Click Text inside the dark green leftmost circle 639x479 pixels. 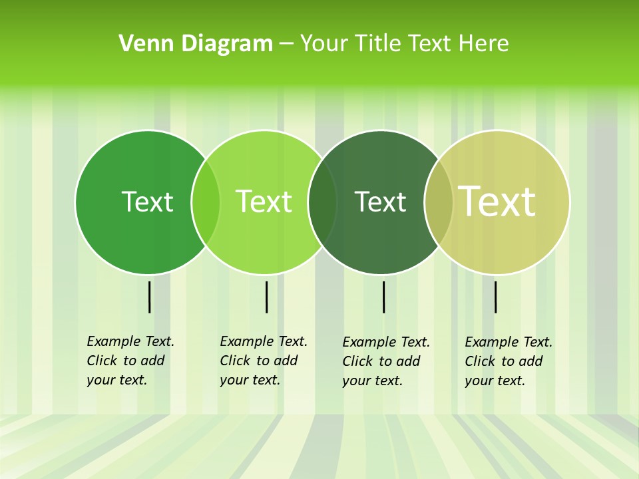click(147, 202)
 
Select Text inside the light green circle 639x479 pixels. click(264, 202)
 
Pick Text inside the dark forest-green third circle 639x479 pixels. click(380, 202)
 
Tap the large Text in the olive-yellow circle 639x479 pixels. click(497, 201)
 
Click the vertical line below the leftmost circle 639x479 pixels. click(149, 297)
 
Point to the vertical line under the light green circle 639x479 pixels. click(266, 297)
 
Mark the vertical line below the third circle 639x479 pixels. click(383, 297)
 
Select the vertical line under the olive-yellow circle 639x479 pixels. click(495, 297)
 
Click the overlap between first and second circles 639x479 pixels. click(206, 202)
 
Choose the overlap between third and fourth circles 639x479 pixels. click(439, 202)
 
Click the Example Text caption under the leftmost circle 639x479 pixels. click(130, 361)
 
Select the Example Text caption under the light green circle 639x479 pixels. click(263, 361)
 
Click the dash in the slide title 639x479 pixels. click(286, 45)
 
